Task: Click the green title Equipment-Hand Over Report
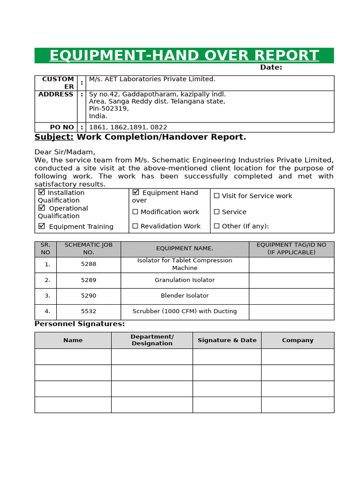[184, 55]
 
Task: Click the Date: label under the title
[271, 67]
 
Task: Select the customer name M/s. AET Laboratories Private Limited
[152, 79]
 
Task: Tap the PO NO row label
[62, 127]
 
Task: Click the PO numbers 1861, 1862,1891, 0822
[128, 127]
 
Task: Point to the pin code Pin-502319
[109, 109]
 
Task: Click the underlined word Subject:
[54, 137]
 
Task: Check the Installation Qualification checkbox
[42, 192]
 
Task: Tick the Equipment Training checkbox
[42, 226]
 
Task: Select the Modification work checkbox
[135, 212]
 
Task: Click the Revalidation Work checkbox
[135, 226]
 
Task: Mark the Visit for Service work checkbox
[217, 196]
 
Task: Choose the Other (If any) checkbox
[217, 226]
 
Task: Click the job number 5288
[89, 264]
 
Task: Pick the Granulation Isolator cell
[185, 280]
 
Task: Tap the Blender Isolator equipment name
[185, 296]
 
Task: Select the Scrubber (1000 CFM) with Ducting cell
[185, 311]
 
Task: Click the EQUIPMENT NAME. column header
[185, 248]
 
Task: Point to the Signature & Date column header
[227, 340]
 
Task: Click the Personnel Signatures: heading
[80, 324]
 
